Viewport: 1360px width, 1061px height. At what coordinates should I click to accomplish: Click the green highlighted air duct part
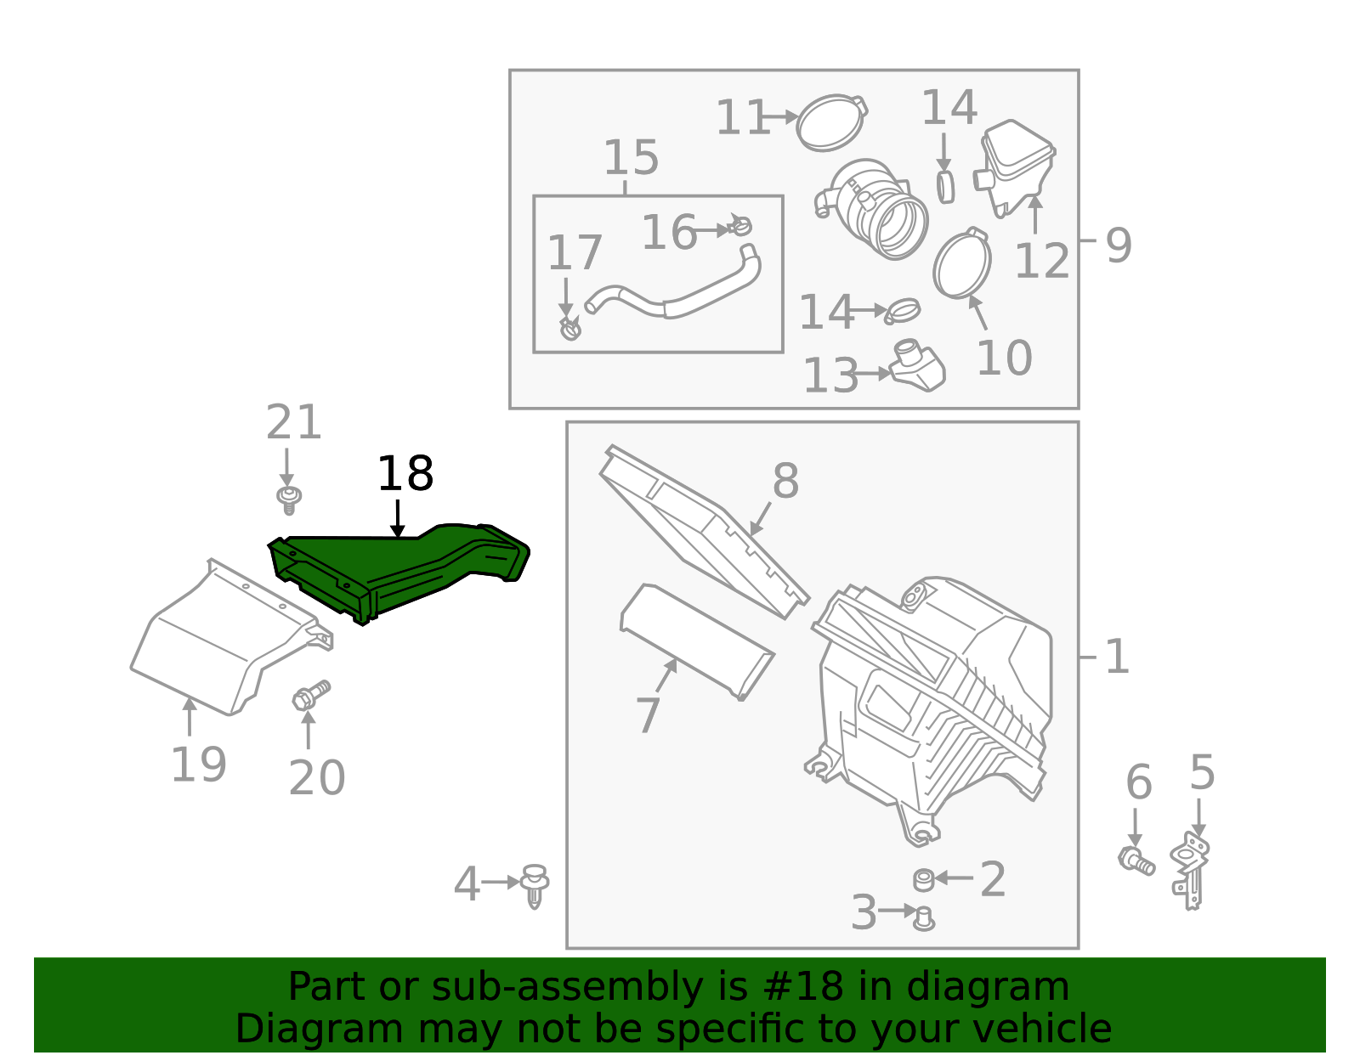point(399,569)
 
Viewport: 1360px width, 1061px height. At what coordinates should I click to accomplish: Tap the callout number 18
point(405,474)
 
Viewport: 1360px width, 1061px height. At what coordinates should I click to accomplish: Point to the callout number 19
point(198,765)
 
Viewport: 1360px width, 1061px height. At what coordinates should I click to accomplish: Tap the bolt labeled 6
point(1136,860)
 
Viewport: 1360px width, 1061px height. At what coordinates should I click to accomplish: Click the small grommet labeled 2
point(924,879)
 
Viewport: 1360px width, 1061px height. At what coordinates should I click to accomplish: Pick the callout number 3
point(864,912)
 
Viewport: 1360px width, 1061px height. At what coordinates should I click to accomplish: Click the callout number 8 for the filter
point(785,481)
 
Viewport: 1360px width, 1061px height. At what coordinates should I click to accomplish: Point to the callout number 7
point(648,715)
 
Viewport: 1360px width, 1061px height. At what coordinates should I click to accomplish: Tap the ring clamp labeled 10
point(962,264)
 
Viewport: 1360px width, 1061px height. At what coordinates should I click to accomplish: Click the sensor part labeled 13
point(918,368)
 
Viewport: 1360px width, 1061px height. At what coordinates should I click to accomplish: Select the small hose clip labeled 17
point(570,327)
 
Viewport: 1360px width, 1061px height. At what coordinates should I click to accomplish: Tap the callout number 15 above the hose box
point(631,158)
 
